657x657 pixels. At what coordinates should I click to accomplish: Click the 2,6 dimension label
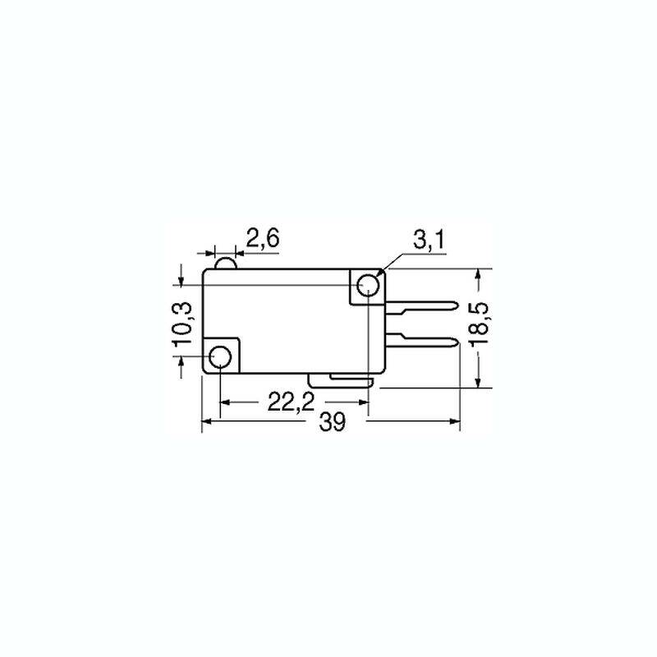(x=262, y=239)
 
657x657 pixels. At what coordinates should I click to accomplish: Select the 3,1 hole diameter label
(x=429, y=240)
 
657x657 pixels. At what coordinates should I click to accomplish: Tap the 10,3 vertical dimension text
(x=183, y=324)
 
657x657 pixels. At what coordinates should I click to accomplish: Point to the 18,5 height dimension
(x=479, y=324)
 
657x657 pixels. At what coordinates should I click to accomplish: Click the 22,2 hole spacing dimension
(x=291, y=402)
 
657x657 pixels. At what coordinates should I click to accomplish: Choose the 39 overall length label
(x=333, y=421)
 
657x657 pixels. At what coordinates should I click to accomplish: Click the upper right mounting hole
(x=368, y=285)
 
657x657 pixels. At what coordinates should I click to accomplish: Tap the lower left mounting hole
(x=220, y=356)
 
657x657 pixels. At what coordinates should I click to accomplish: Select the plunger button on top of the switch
(x=226, y=264)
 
